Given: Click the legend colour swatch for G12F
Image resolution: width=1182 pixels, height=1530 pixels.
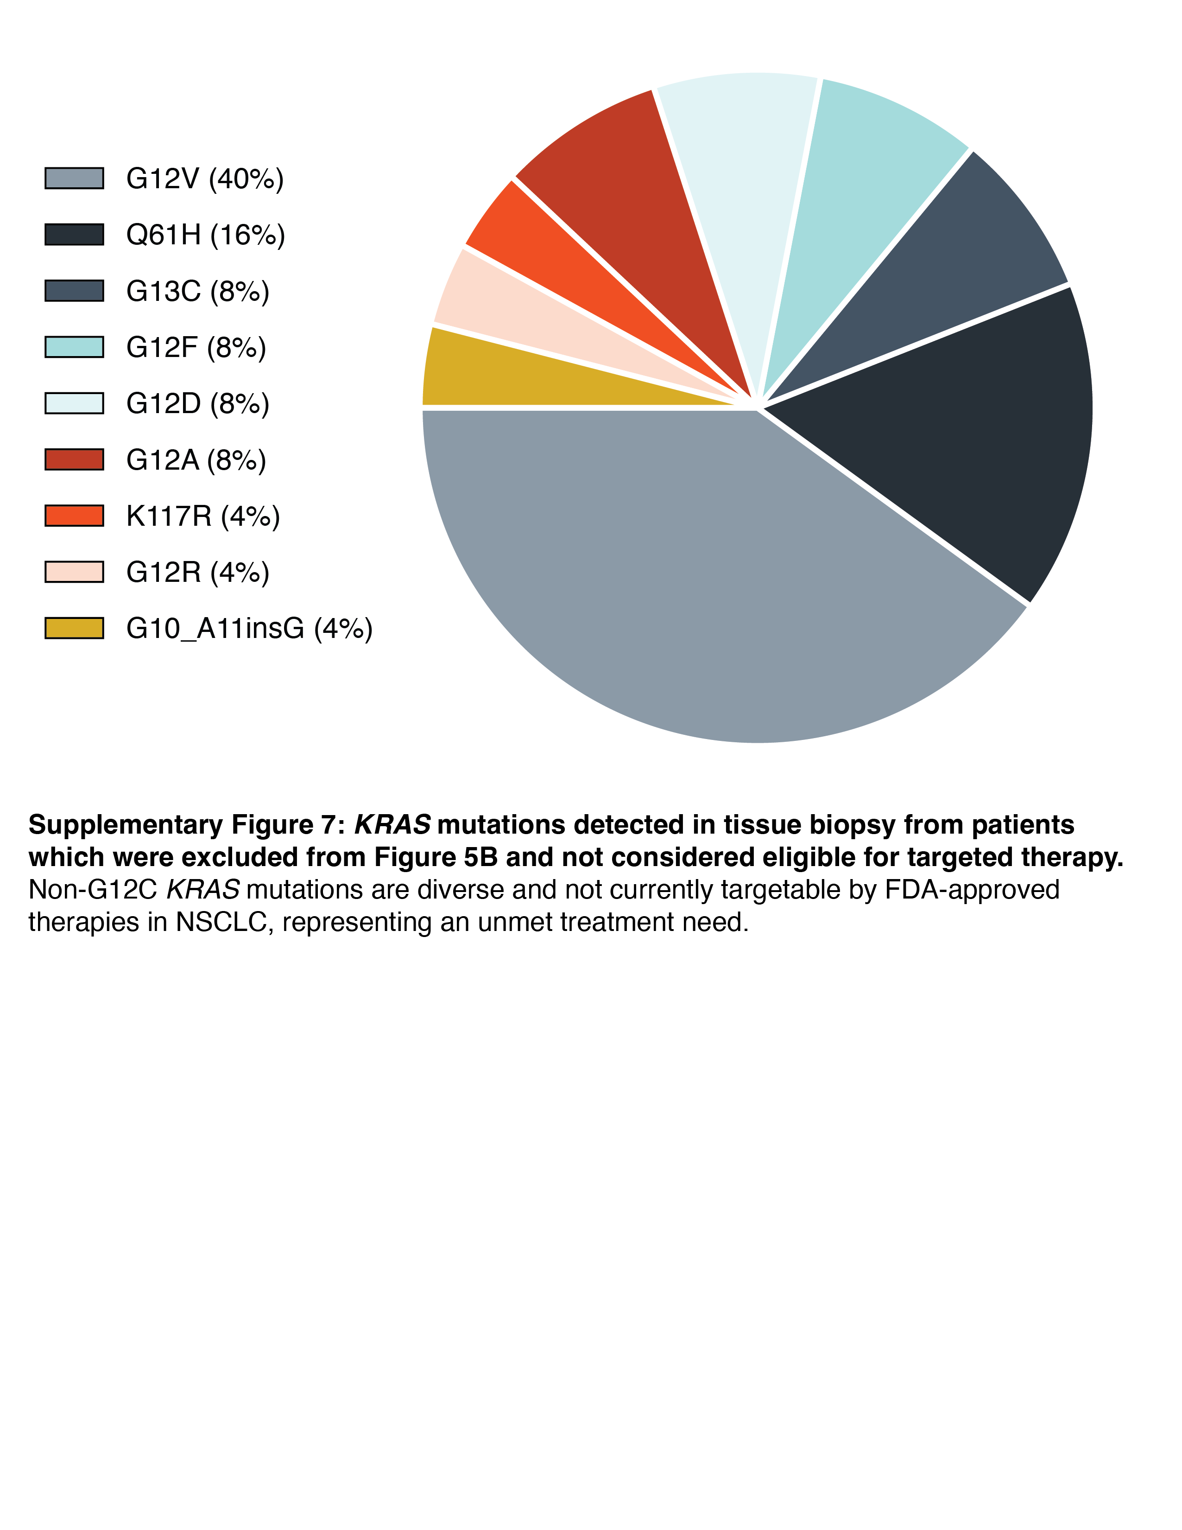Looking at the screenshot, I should (74, 347).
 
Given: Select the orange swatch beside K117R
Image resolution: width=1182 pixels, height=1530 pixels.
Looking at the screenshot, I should (74, 516).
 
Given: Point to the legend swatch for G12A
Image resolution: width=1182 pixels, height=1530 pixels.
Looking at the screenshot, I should (74, 459).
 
